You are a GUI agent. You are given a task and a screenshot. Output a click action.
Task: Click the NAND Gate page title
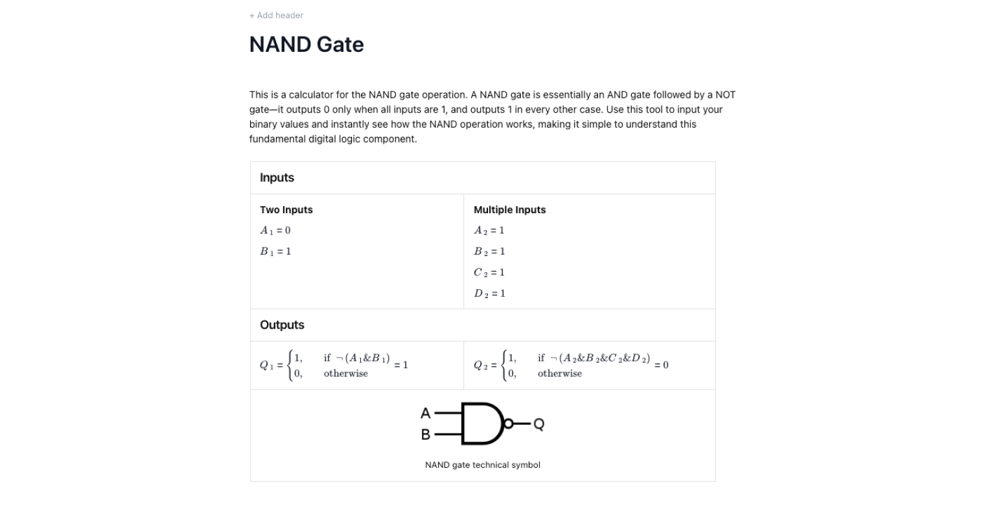coord(307,45)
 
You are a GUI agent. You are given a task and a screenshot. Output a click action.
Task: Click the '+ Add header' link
coord(276,15)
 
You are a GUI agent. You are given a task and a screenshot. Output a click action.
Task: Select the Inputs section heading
coord(277,178)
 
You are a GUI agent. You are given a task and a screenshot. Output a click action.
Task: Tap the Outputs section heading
coord(282,325)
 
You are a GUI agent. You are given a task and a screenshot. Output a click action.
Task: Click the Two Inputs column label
coord(286,210)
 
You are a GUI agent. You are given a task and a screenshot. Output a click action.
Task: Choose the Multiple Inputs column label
coord(509,210)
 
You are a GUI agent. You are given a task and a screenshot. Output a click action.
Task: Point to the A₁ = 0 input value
coord(275,231)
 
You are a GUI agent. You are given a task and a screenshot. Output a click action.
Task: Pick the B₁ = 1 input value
coord(275,251)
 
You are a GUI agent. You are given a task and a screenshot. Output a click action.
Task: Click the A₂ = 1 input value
coord(489,231)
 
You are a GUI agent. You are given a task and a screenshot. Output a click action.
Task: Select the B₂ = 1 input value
coord(489,251)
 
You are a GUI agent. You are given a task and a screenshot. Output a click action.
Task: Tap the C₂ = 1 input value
coord(489,272)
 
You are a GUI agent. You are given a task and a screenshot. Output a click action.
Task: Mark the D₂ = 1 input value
coord(489,293)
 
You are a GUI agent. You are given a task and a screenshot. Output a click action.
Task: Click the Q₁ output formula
coord(334,365)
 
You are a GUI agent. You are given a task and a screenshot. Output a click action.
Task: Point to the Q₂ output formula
coord(571,365)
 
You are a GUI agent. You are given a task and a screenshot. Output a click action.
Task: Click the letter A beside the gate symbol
coord(426,413)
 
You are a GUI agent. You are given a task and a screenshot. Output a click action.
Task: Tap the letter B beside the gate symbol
coord(426,435)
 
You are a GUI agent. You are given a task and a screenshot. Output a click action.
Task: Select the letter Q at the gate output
coord(539,424)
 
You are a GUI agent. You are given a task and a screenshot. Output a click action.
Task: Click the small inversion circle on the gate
coord(509,424)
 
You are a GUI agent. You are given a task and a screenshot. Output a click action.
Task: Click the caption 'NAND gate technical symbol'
coord(482,465)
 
